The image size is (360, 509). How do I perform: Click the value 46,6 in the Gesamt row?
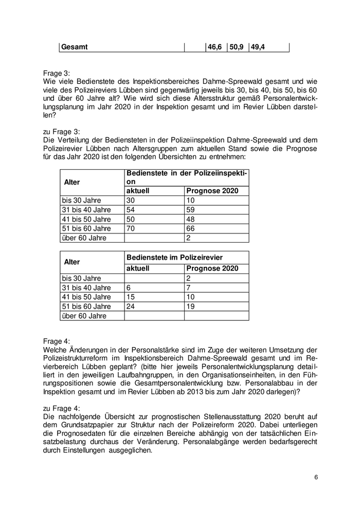pos(214,47)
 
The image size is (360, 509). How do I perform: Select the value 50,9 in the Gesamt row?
pos(237,47)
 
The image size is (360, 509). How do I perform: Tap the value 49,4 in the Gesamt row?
pos(259,47)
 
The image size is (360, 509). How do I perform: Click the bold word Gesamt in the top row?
pos(75,47)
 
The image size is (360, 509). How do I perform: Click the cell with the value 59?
pos(190,210)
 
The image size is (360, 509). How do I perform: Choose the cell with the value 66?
pos(190,228)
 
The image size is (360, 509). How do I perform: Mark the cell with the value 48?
pos(190,219)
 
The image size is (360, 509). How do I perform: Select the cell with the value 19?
pos(190,306)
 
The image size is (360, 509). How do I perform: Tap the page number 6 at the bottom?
pos(316,478)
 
